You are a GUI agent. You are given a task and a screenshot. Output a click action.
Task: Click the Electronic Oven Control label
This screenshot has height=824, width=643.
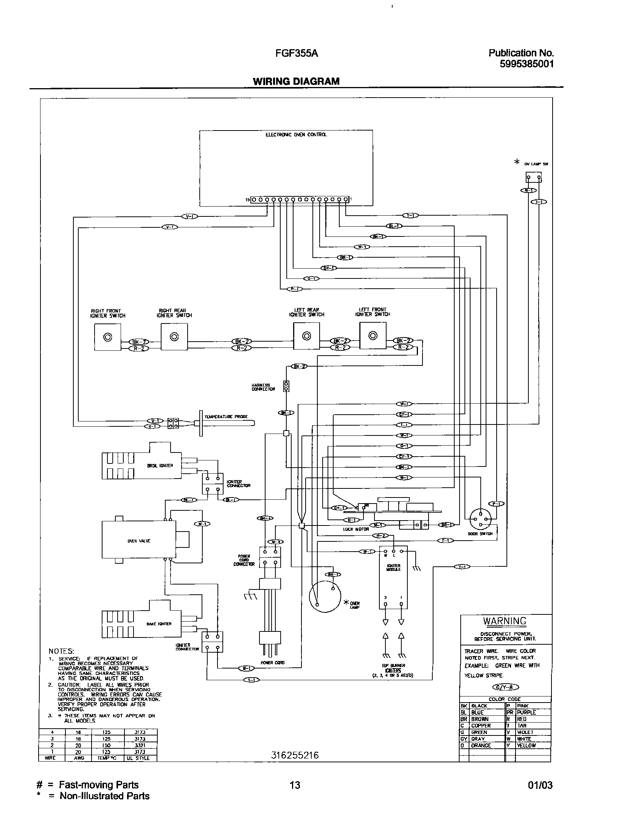296,135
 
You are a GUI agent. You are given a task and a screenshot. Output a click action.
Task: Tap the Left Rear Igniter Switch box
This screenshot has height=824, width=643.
306,336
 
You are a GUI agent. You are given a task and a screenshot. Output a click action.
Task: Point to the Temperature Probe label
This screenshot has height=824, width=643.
226,417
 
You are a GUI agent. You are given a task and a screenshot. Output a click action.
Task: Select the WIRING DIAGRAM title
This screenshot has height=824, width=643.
296,81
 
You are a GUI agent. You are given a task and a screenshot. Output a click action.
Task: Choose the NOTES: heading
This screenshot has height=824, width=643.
61,651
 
